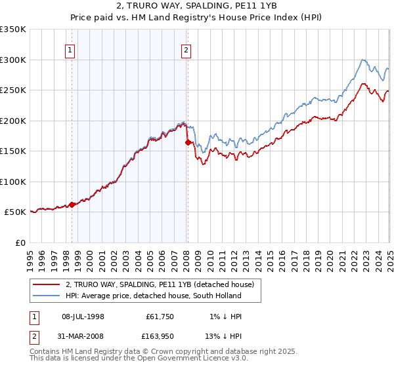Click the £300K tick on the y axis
[x=13, y=60]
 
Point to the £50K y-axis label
[x=14, y=212]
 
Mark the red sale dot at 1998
[x=72, y=204]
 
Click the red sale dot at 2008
[x=188, y=142]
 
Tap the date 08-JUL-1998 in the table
[x=83, y=317]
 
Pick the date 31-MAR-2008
[x=83, y=338]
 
